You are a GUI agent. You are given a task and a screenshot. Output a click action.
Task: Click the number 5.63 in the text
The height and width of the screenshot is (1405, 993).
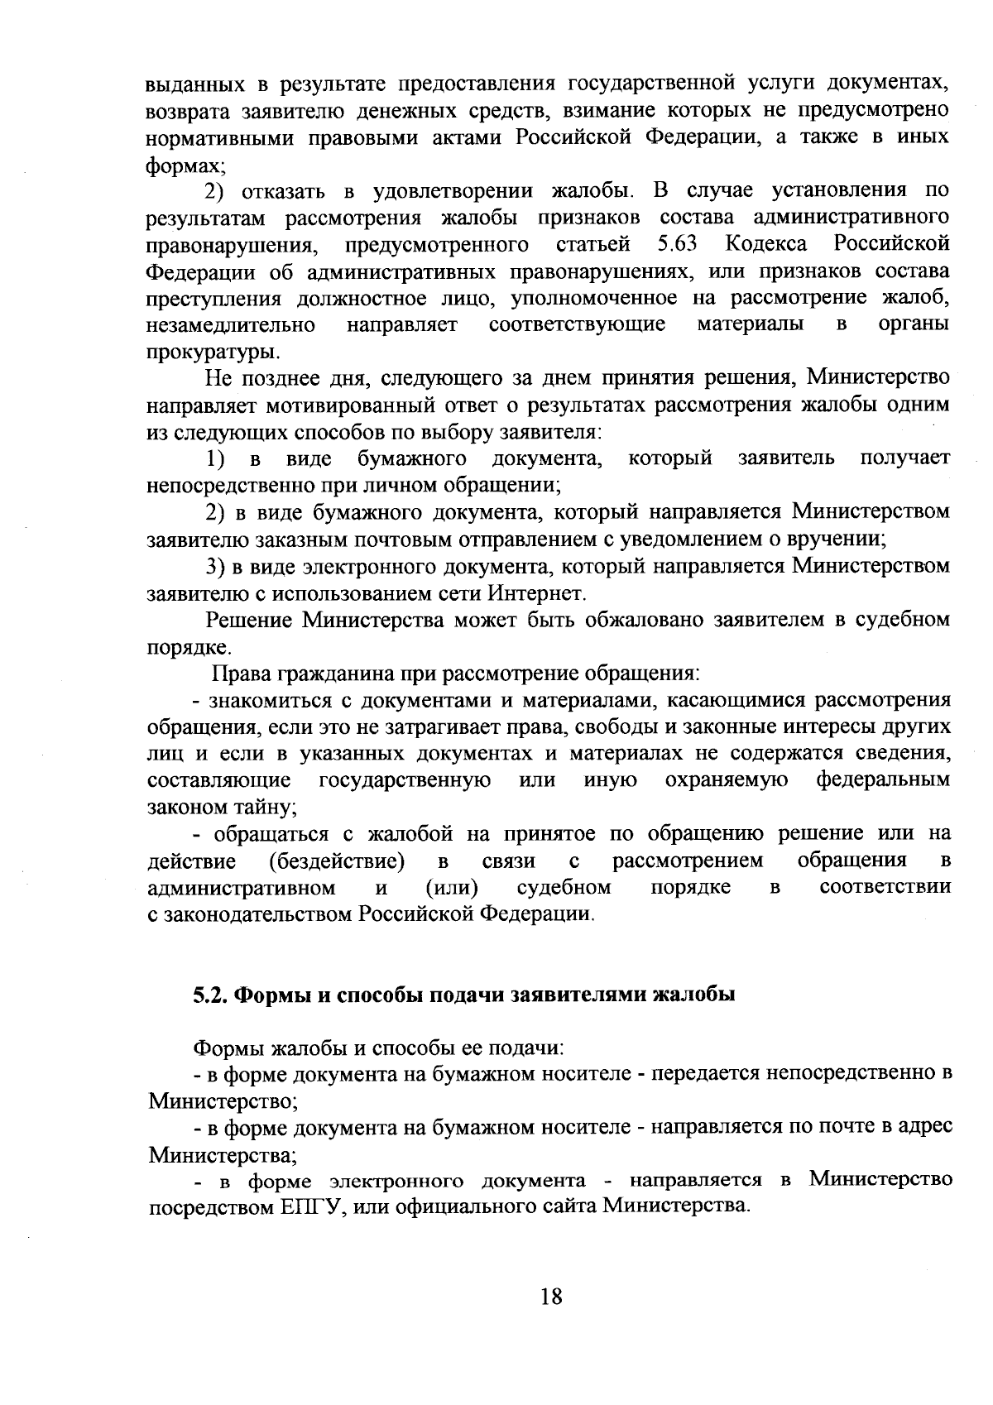677,244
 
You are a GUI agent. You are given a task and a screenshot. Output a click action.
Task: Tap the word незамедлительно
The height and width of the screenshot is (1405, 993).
231,325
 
